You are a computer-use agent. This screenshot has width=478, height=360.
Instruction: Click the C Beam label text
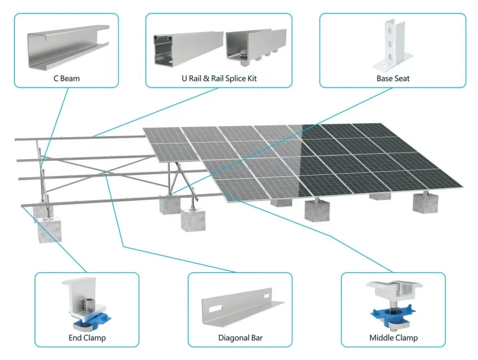[66, 78]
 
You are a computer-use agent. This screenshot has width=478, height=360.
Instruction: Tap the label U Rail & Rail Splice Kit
[219, 78]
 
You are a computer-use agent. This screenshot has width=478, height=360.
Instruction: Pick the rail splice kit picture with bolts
[256, 47]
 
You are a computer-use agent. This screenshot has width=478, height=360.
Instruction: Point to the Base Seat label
[393, 78]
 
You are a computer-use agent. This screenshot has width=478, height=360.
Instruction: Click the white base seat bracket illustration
[392, 46]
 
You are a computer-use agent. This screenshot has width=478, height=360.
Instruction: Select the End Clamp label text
[87, 337]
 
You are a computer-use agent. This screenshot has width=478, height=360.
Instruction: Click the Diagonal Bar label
[240, 337]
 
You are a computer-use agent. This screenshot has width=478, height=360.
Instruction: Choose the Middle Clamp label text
[393, 337]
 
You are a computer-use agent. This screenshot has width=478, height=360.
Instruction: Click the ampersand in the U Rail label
[206, 78]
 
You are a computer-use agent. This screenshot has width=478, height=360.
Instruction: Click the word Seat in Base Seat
[402, 78]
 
